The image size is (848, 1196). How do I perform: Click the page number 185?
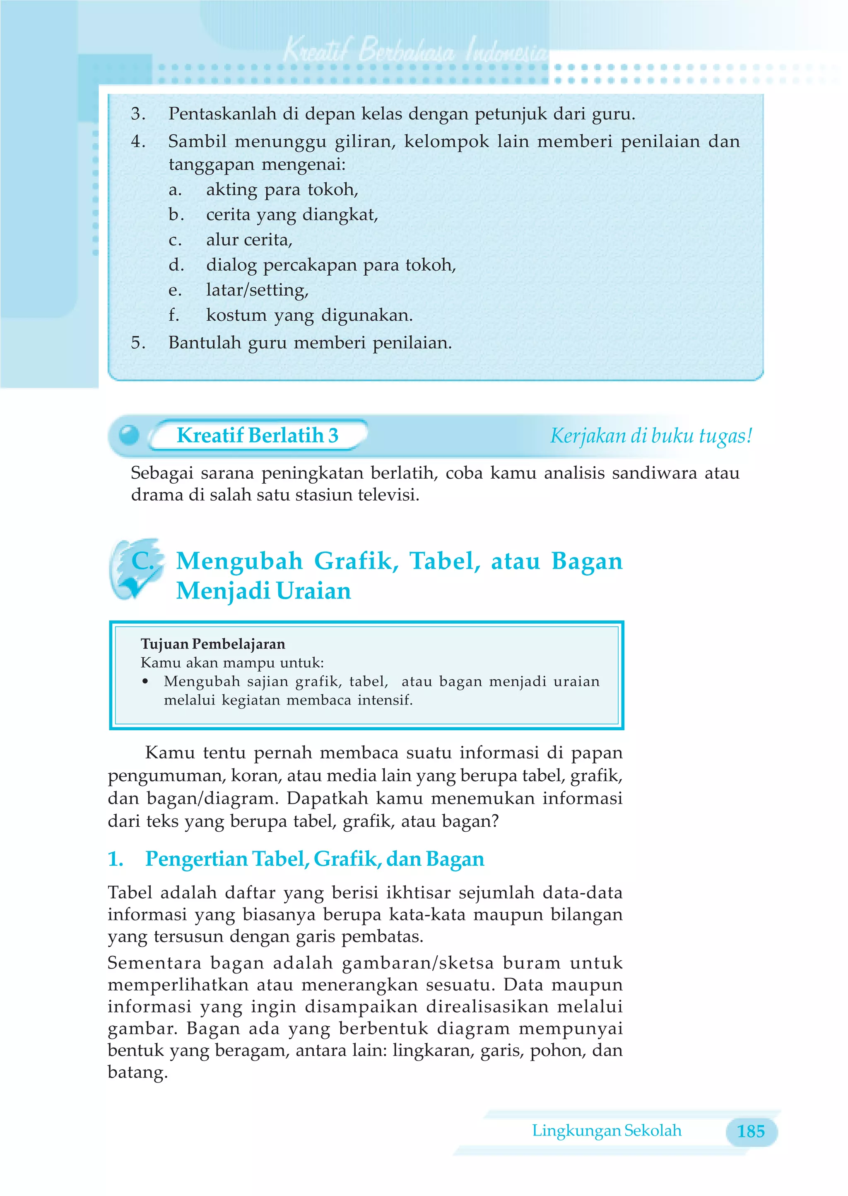point(750,1131)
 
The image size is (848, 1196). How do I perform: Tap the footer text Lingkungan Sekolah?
point(606,1130)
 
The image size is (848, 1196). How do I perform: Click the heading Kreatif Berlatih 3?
point(258,435)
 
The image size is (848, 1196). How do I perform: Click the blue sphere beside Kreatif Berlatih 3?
point(129,435)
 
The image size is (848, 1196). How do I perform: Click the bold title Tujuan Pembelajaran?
point(212,644)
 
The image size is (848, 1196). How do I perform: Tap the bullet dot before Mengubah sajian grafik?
point(145,681)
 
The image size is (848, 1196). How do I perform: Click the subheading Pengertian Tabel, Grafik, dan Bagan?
point(314,859)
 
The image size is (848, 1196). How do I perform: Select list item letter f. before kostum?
point(174,315)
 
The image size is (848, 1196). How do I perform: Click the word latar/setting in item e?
point(257,290)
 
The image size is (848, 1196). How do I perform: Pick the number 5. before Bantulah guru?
point(138,343)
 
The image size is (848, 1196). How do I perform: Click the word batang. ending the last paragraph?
point(137,1072)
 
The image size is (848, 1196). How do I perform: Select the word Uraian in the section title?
point(313,591)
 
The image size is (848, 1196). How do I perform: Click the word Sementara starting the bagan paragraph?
point(154,962)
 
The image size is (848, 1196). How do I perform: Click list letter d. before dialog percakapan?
point(176,265)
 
